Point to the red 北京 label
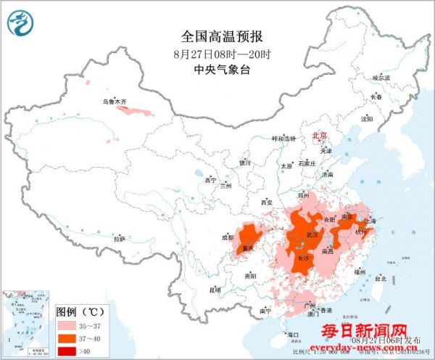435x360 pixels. point(319,136)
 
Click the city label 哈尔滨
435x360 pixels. point(381,77)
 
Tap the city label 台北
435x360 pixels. point(381,277)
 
